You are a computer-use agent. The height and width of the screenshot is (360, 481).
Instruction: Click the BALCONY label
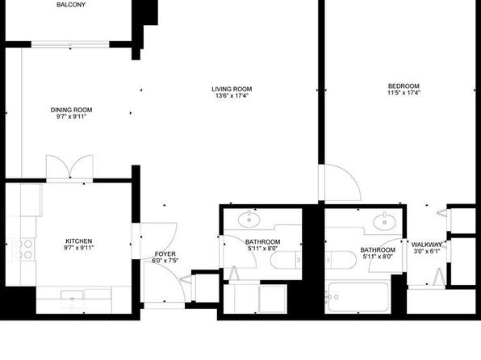(71, 5)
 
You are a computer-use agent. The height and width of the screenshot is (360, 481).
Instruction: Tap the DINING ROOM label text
(72, 110)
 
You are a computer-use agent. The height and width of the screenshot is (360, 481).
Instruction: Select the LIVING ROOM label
(232, 89)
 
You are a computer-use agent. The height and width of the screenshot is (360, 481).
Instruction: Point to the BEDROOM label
(404, 86)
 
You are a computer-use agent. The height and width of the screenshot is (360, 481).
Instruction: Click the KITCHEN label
(79, 241)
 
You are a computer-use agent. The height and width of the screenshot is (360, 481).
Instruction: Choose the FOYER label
(165, 254)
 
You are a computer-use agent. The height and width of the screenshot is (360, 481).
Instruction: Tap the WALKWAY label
(427, 245)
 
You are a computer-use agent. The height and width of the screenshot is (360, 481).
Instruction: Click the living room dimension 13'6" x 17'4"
(232, 95)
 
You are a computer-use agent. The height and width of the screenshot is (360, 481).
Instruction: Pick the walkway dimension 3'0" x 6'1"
(427, 251)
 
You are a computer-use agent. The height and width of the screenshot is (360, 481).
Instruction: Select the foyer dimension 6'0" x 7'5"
(165, 261)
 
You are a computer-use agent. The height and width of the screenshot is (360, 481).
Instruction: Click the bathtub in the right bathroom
(358, 296)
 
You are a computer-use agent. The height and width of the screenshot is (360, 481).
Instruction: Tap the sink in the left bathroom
(249, 220)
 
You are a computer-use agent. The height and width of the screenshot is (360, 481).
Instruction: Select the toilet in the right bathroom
(341, 260)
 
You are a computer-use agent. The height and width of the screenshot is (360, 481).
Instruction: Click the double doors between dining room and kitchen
(69, 167)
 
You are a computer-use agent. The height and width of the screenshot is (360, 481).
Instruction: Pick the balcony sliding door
(70, 44)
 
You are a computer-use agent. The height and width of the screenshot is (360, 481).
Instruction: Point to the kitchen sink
(73, 299)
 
